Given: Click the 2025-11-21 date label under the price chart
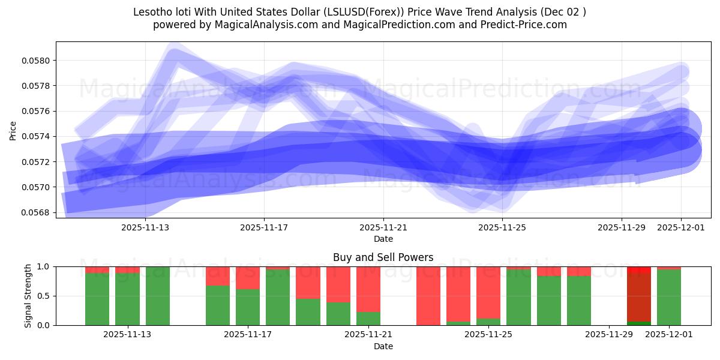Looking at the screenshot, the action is (x=383, y=227).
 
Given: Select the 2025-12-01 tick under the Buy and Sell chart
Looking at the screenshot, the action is (x=668, y=335).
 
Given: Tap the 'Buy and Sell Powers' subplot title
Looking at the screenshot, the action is (x=383, y=257).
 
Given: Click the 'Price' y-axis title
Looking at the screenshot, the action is (x=13, y=130).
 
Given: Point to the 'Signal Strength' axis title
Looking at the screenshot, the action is (x=28, y=296).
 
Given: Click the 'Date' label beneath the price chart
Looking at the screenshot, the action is (x=383, y=239).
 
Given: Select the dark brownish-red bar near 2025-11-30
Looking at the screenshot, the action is (x=639, y=297).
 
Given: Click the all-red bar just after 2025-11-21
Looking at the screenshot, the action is (x=428, y=296).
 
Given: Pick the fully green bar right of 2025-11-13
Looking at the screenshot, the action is (x=158, y=296).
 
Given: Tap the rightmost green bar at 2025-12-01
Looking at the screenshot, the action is (x=669, y=298).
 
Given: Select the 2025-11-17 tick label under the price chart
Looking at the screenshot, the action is (x=264, y=227).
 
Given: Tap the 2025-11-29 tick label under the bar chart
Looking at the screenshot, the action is (x=609, y=335).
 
